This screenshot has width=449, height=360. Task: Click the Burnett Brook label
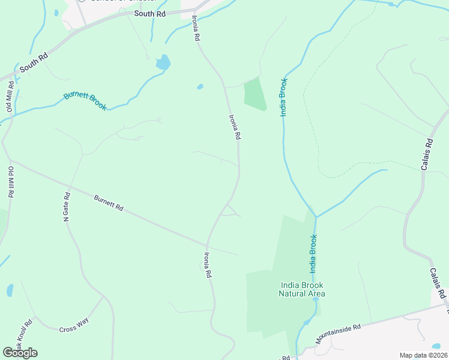85,101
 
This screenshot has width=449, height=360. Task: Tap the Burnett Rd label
109,203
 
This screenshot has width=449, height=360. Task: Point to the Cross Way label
73,329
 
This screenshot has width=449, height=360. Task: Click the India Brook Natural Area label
302,289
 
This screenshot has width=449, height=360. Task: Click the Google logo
20,352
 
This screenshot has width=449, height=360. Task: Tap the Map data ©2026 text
423,355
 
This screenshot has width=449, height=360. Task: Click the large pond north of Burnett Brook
163,62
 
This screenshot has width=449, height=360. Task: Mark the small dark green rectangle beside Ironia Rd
255,94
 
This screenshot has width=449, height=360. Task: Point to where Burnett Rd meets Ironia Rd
207,245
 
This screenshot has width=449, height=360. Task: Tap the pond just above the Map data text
436,346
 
